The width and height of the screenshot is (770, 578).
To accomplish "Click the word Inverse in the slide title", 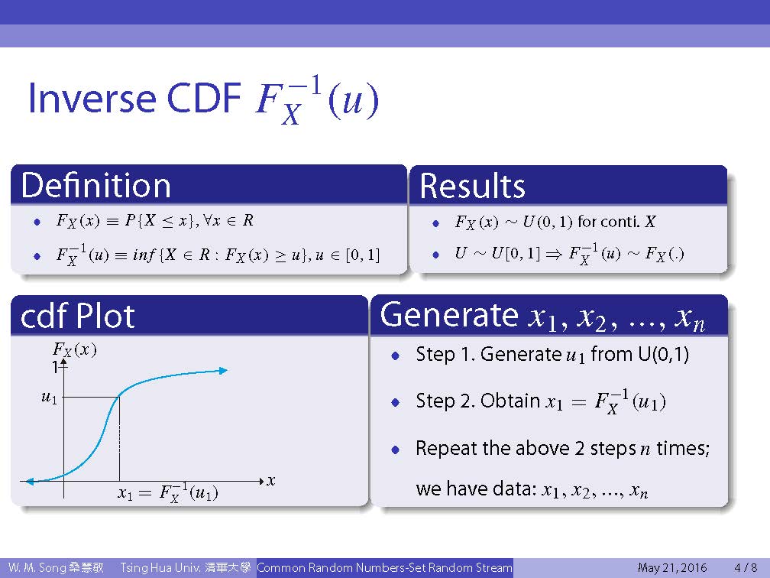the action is pyautogui.click(x=92, y=97).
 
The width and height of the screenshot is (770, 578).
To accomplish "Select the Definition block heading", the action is pyautogui.click(x=95, y=185).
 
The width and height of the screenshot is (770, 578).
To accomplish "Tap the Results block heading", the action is pyautogui.click(x=472, y=186).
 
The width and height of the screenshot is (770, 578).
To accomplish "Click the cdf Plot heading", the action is pyautogui.click(x=78, y=316).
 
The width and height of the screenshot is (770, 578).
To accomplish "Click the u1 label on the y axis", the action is pyautogui.click(x=49, y=397).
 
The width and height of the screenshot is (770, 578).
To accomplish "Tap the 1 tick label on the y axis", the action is pyautogui.click(x=55, y=366).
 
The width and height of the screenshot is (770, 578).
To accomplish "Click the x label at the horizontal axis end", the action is pyautogui.click(x=270, y=481).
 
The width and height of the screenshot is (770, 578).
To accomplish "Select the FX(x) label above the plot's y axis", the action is pyautogui.click(x=74, y=350).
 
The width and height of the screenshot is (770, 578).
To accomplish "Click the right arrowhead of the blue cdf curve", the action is pyautogui.click(x=223, y=371).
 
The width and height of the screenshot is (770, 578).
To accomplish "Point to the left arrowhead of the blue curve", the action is pyautogui.click(x=30, y=481).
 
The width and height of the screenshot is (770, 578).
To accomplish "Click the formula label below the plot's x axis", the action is pyautogui.click(x=167, y=492).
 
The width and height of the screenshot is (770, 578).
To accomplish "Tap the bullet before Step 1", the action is pyautogui.click(x=396, y=356).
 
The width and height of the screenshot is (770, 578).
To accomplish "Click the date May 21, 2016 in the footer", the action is pyautogui.click(x=672, y=568).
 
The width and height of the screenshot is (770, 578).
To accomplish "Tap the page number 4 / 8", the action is pyautogui.click(x=746, y=567).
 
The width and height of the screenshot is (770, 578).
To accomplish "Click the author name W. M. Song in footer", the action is pyautogui.click(x=37, y=567).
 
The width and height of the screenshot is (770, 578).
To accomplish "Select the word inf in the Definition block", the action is pyautogui.click(x=144, y=255).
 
